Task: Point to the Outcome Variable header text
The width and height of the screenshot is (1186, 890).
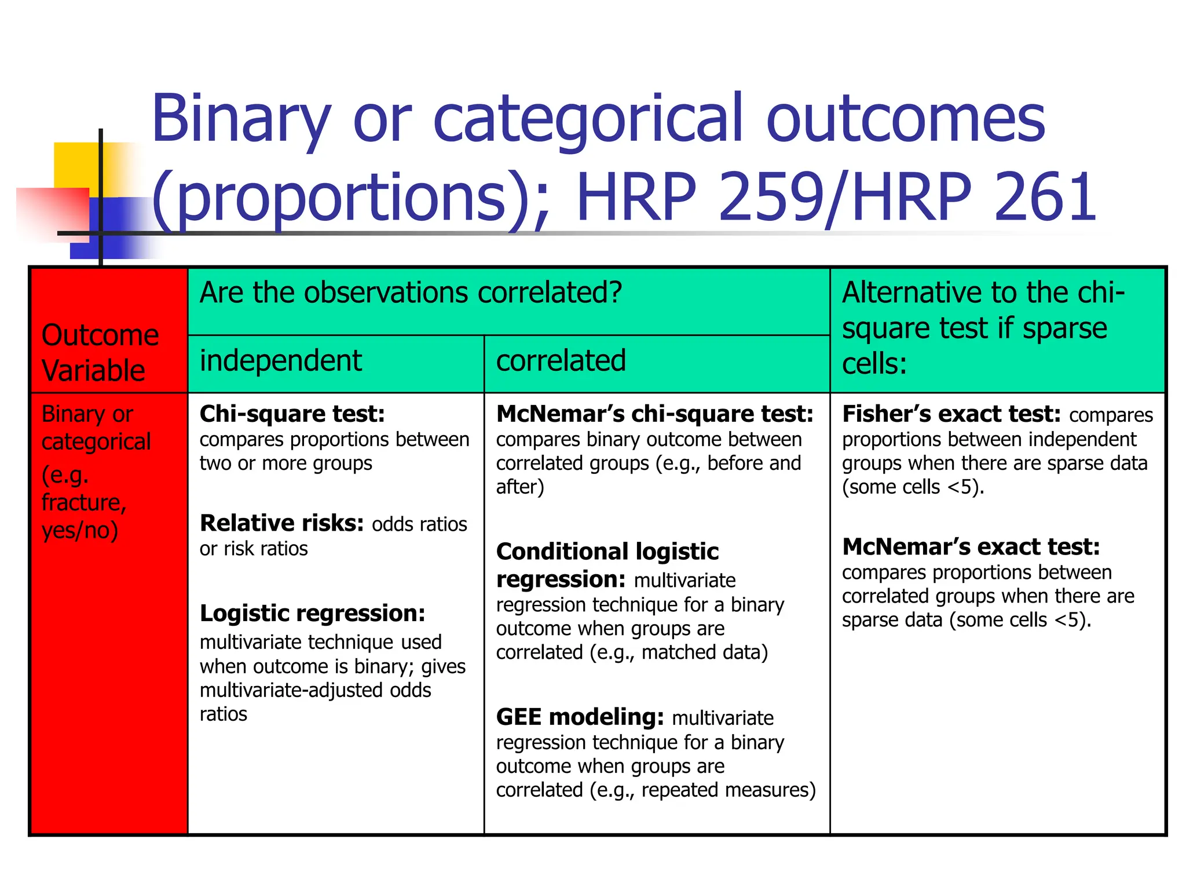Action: tap(100, 352)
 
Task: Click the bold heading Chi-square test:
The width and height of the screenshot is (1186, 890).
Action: tap(292, 414)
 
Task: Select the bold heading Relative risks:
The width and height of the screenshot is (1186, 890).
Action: tap(281, 523)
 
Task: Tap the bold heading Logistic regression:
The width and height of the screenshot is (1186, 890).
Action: tap(312, 613)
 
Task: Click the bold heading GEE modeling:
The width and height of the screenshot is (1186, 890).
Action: tap(580, 717)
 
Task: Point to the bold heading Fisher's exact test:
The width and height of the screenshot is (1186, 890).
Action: tap(951, 414)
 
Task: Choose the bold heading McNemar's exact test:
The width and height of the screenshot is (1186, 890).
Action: tap(971, 547)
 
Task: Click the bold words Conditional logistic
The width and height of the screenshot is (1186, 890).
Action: tap(607, 552)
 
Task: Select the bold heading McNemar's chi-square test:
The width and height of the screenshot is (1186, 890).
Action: tap(654, 414)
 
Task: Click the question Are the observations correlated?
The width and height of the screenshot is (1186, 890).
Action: tap(411, 293)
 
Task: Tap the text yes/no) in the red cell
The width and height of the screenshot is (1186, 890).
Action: tap(80, 530)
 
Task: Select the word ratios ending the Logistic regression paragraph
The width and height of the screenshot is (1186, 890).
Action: tap(223, 714)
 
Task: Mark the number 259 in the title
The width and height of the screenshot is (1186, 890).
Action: tap(770, 198)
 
